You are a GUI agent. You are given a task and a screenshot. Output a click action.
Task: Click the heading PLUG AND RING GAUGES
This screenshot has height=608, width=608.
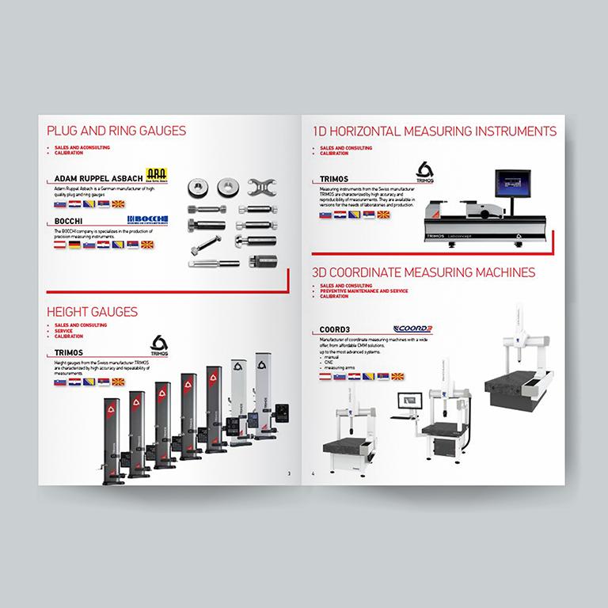[x=116, y=131]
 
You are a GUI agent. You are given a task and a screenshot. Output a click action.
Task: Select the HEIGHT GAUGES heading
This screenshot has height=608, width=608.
[x=92, y=312]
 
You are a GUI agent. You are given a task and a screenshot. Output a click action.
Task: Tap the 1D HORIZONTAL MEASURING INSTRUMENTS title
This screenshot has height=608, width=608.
[x=434, y=131]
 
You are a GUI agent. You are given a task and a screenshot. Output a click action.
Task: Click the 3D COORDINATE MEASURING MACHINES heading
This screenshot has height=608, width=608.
[x=424, y=272]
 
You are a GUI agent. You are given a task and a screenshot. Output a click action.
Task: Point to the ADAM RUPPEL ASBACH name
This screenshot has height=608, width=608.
[x=99, y=178]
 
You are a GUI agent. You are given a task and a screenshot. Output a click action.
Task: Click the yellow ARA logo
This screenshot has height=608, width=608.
[x=158, y=176]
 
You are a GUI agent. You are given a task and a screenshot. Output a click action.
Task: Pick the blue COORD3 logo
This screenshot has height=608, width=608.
[x=412, y=329]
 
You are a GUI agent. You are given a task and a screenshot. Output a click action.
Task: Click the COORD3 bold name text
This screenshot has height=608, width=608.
[x=335, y=329]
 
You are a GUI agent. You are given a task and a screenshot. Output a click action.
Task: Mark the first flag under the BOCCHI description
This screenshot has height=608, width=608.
[x=59, y=245]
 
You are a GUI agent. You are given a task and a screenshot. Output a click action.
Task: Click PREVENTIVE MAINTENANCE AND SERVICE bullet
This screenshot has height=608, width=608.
[x=365, y=291]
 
